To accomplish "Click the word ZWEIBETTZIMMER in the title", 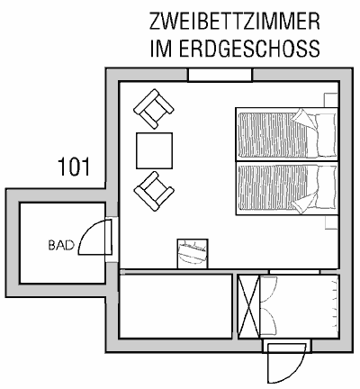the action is pyautogui.click(x=235, y=22).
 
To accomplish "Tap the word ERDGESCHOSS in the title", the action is pyautogui.click(x=249, y=49).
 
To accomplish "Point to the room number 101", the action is pyautogui.click(x=74, y=167).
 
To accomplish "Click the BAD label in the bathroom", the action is pyautogui.click(x=61, y=245).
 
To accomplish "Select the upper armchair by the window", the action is pyautogui.click(x=154, y=109).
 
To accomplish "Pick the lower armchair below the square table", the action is pyautogui.click(x=154, y=191).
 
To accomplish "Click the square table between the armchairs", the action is pyautogui.click(x=154, y=150).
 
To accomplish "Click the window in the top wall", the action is pyautogui.click(x=220, y=75).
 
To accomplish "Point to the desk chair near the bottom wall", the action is pyautogui.click(x=193, y=253).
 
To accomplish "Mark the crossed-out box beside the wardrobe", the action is pyautogui.click(x=248, y=306).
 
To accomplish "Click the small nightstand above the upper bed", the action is pyautogui.click(x=331, y=100).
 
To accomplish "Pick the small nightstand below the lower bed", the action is pyautogui.click(x=332, y=222).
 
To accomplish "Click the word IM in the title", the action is pyautogui.click(x=161, y=49).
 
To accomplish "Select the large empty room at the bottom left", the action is pyautogui.click(x=175, y=306).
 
